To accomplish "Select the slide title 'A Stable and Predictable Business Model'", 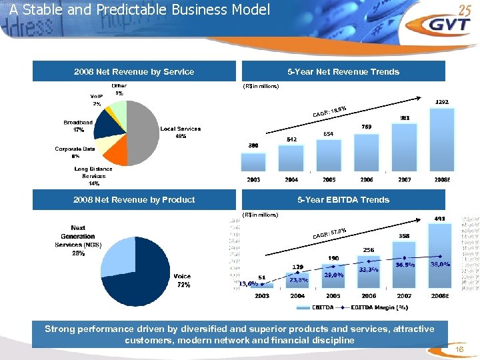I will pos(140,10).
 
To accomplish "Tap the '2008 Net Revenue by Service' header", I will pos(135,71).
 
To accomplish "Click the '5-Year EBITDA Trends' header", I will pos(343,199).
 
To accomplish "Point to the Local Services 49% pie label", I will pos(180,132).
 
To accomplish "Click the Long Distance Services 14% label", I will pos(93,176).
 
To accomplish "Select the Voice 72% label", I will pos(182,280).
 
